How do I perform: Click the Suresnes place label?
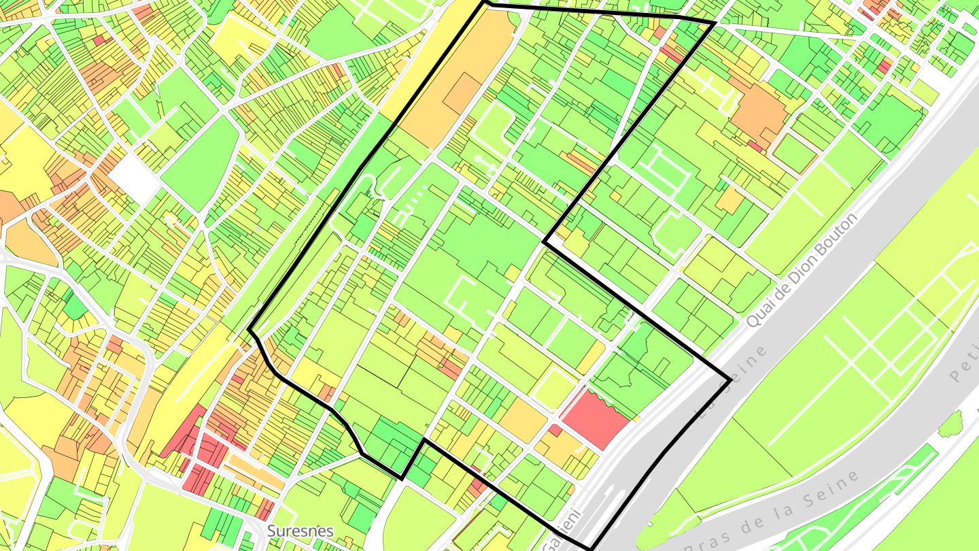300,531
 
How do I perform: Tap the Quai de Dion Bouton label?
802,269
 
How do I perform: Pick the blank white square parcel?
135,178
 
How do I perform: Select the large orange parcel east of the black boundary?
759,113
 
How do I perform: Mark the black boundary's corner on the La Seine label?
730,381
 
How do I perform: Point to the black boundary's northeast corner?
713,23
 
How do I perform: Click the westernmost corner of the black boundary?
250,331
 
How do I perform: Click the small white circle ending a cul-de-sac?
478,158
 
